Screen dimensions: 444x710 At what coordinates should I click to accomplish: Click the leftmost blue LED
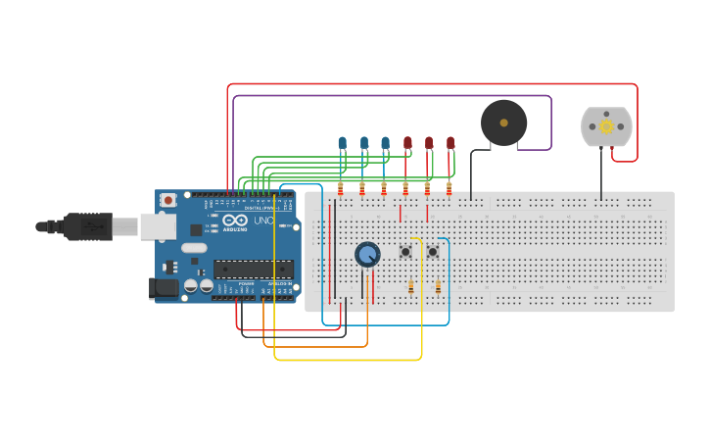pos(342,143)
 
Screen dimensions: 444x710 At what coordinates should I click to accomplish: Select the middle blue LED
pos(363,143)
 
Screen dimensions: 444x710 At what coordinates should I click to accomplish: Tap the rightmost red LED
pos(450,143)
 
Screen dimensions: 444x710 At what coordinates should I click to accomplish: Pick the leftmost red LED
pos(407,143)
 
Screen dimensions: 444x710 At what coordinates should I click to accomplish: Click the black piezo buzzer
pos(503,123)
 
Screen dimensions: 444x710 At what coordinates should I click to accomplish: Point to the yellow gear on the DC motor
pos(606,126)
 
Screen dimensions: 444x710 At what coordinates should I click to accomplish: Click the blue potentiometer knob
pos(367,255)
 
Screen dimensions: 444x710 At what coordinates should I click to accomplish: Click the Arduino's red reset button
pos(168,201)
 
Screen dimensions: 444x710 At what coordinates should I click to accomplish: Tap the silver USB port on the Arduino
pos(156,226)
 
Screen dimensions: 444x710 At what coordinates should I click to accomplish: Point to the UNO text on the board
pos(263,221)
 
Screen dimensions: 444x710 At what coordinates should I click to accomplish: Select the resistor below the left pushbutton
pos(410,286)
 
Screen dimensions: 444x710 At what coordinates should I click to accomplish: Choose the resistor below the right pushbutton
pos(438,286)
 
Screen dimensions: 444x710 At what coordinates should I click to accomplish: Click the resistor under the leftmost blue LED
pos(341,187)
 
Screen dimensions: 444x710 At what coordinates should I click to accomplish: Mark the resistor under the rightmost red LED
pos(449,187)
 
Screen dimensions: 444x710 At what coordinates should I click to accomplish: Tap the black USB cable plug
pos(88,226)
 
